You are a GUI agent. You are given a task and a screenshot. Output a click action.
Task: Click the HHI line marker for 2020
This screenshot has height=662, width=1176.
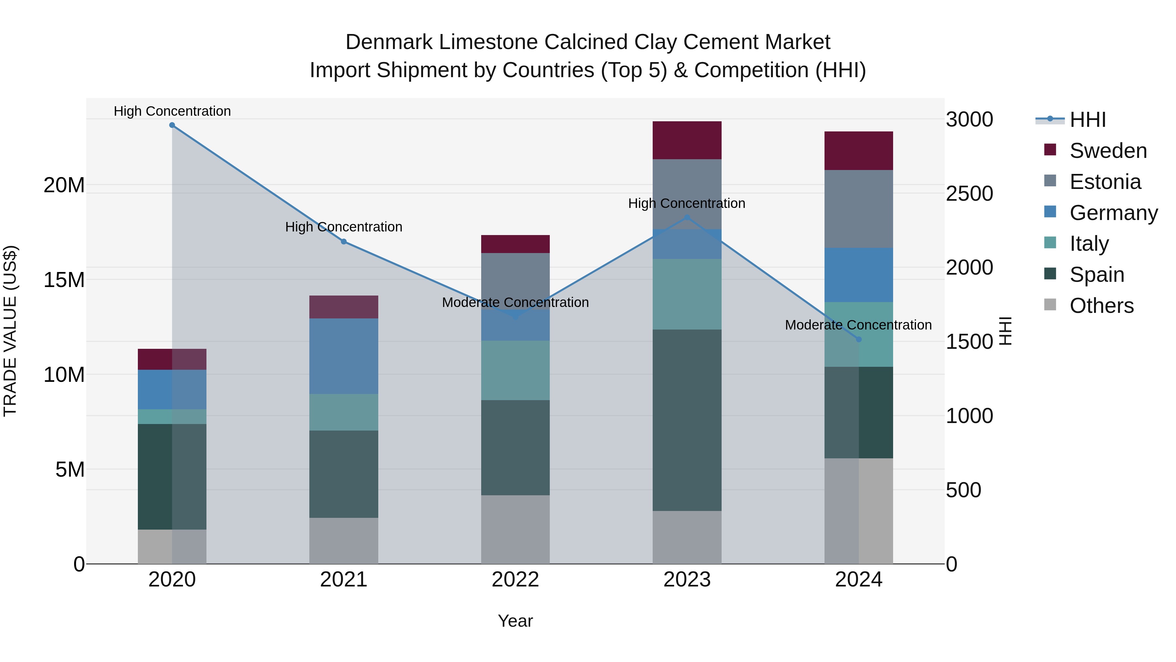[x=172, y=125]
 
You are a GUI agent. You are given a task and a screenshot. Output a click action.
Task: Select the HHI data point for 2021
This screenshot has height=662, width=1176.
[x=344, y=242]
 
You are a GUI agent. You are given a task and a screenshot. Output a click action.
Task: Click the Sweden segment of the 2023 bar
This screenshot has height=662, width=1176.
[x=687, y=140]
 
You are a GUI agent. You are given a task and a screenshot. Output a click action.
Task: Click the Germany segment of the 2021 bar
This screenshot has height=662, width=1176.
[x=344, y=356]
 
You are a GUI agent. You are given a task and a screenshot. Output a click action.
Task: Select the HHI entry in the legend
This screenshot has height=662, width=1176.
[x=1087, y=120]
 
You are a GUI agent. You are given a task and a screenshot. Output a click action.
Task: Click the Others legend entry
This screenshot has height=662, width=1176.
[x=1101, y=306]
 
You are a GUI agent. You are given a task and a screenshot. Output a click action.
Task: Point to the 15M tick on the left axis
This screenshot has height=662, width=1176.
[x=64, y=280]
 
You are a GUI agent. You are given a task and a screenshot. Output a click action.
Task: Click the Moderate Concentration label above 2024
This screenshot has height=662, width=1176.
[x=858, y=325]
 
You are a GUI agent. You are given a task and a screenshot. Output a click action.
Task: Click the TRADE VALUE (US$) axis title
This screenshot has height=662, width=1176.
[x=10, y=331]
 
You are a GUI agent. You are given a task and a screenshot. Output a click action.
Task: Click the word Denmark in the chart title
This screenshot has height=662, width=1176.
[x=388, y=42]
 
